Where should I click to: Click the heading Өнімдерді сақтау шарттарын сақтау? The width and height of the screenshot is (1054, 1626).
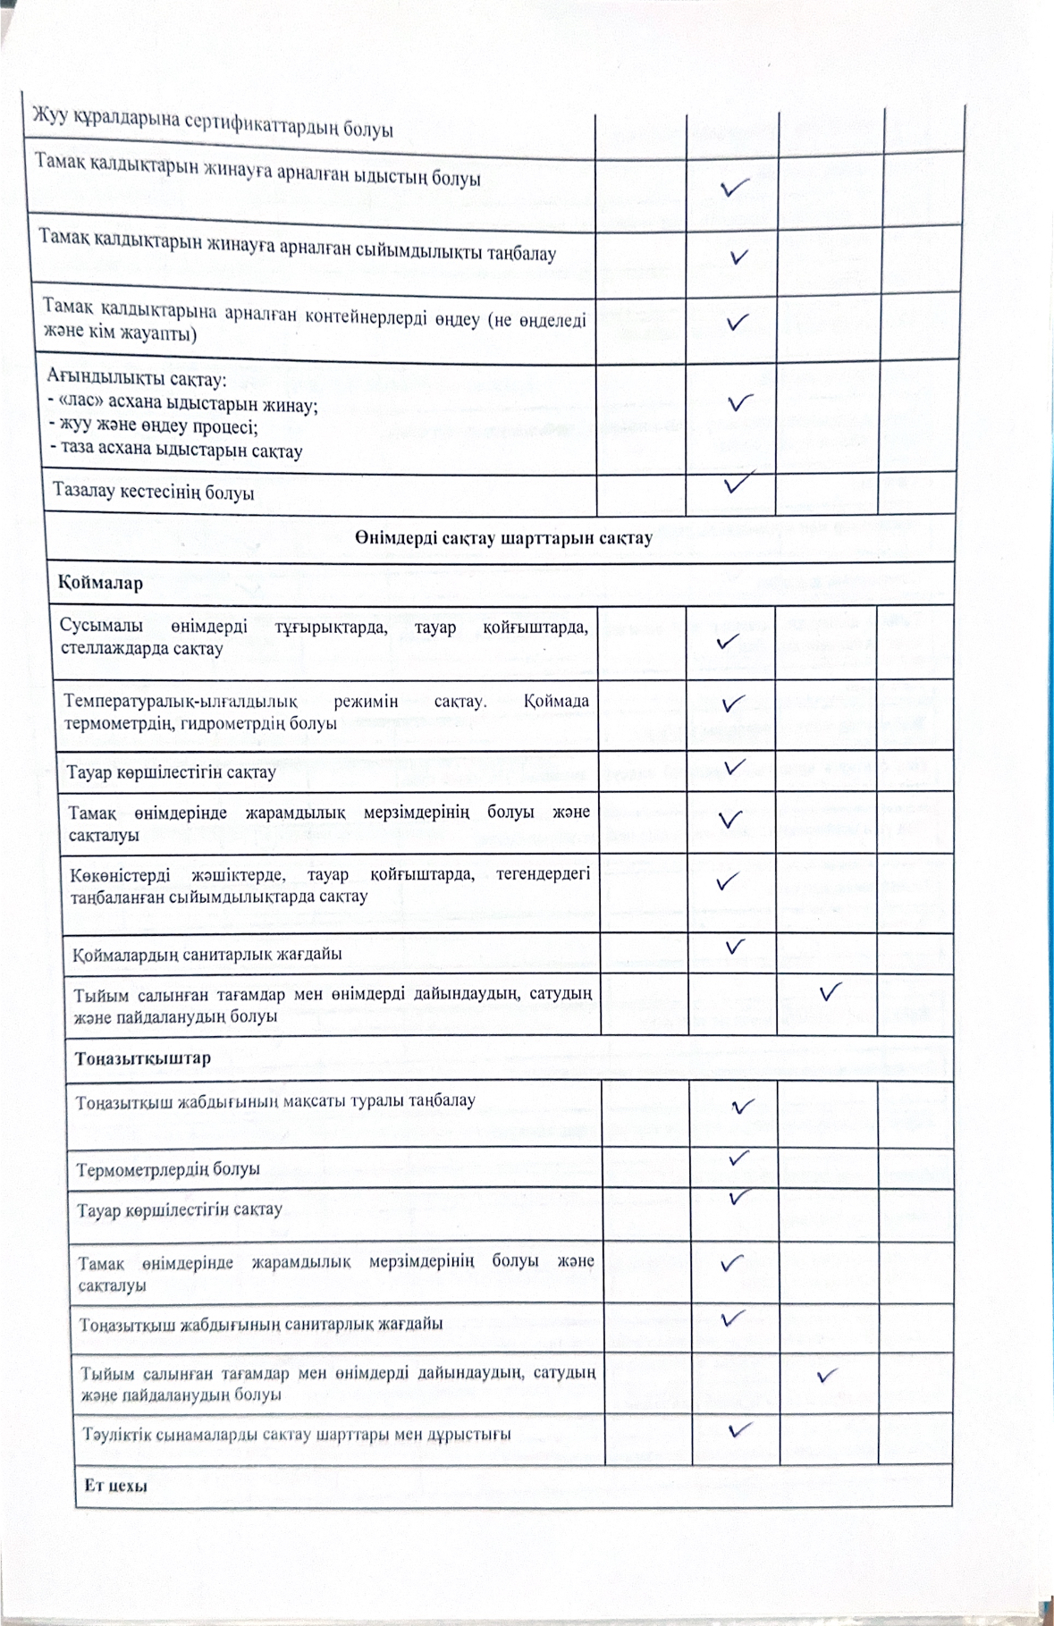[503, 538]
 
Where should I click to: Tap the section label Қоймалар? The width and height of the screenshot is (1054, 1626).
[100, 583]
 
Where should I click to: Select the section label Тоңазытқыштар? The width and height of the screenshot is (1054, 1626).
[143, 1058]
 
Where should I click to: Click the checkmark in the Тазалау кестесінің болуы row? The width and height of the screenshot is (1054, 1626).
[738, 483]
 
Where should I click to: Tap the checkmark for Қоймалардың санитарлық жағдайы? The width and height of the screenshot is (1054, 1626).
[735, 946]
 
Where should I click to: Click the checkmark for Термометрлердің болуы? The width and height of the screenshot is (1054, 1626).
[738, 1158]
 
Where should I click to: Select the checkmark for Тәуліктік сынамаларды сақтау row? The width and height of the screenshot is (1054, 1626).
[739, 1429]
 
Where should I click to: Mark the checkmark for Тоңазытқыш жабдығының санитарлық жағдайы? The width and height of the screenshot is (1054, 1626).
[733, 1318]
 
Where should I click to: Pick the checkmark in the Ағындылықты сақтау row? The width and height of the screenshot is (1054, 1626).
[739, 402]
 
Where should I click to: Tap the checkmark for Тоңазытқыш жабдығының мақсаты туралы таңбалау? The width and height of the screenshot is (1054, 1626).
[742, 1107]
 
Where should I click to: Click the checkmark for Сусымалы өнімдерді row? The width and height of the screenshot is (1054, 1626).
[727, 641]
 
